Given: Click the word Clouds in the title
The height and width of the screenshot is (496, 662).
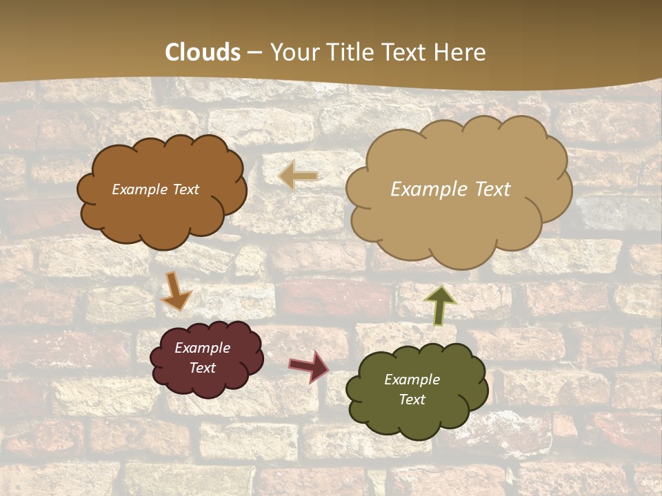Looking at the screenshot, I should (x=203, y=52).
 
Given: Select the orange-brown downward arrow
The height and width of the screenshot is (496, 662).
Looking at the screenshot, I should (x=176, y=291).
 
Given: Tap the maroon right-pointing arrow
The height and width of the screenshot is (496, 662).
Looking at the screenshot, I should (x=308, y=366).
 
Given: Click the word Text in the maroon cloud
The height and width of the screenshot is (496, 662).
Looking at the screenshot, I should (x=203, y=368).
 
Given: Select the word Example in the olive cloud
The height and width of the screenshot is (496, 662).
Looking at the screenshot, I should (x=412, y=380).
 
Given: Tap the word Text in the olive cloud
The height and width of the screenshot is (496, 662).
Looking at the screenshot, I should (x=412, y=400).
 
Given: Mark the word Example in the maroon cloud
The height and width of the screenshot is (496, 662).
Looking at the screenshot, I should (x=203, y=348).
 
